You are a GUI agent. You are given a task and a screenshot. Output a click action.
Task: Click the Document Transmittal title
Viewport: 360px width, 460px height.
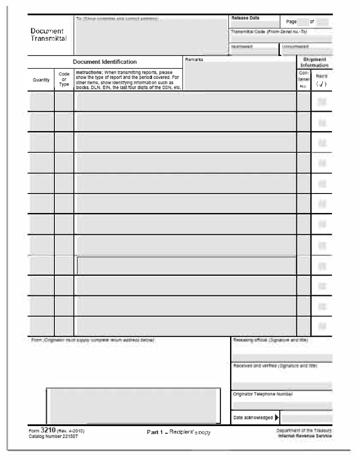[x=47, y=34]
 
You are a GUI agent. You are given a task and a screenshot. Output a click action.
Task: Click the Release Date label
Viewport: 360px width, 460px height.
[x=245, y=18]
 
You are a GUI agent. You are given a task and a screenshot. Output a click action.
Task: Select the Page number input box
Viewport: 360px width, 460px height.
[x=303, y=22]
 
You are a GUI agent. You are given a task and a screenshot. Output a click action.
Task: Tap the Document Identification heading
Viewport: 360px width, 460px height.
[x=105, y=62]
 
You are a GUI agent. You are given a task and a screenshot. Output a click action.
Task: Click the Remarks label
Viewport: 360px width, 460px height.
[x=194, y=60]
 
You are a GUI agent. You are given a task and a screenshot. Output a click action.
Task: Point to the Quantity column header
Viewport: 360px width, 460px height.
[x=41, y=80]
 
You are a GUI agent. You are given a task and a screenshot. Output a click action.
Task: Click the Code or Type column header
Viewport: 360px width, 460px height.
[x=64, y=79]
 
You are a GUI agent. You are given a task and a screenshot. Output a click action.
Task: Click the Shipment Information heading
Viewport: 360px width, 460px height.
[x=315, y=62]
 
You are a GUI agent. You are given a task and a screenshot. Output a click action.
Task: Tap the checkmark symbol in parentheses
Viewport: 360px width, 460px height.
[x=321, y=84]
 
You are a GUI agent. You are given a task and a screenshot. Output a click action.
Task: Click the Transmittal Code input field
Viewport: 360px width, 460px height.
[x=281, y=39]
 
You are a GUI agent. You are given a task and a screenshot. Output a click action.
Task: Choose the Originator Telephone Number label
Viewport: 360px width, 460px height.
[x=263, y=394]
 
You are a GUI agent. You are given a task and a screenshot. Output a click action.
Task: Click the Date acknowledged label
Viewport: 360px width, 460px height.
[x=253, y=418]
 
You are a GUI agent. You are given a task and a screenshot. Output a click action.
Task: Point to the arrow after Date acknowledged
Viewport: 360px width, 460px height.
[x=277, y=418]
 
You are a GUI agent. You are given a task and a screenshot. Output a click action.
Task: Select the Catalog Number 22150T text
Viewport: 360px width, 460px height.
[x=53, y=436]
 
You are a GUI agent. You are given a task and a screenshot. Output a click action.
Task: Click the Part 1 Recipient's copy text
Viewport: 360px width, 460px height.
[x=178, y=432]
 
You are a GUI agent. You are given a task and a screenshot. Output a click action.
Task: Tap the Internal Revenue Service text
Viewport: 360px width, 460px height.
[x=305, y=436]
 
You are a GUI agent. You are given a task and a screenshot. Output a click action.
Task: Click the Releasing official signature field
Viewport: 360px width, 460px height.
[x=281, y=357]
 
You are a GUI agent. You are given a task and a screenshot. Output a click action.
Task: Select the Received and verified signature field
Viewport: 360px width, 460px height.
[x=281, y=385]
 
